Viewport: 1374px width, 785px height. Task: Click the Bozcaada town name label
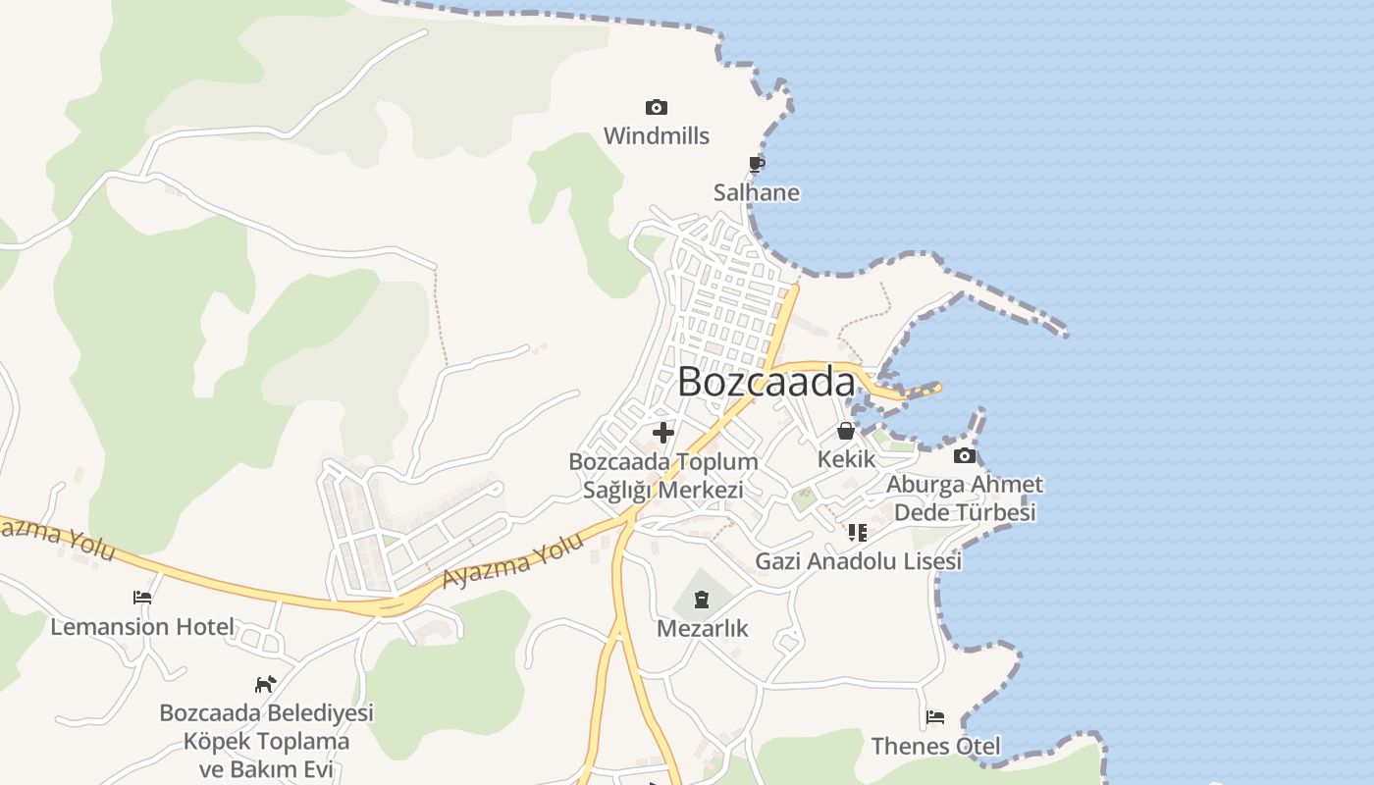tap(766, 382)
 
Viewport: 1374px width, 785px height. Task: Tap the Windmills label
tap(656, 135)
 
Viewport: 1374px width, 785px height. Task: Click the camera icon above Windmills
tap(656, 107)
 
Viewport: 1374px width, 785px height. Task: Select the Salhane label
tap(756, 192)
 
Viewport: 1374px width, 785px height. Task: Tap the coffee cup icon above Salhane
tap(756, 164)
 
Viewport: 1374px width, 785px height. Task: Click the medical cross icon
tap(663, 432)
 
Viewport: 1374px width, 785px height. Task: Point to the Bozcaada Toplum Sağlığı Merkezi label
tap(663, 475)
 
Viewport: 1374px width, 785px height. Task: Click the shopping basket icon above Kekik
tap(846, 430)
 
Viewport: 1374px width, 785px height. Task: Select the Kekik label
tap(846, 458)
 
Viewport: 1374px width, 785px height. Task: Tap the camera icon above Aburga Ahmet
tap(965, 455)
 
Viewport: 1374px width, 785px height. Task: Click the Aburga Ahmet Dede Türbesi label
tap(965, 498)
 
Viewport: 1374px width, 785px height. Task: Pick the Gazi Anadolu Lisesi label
tap(858, 561)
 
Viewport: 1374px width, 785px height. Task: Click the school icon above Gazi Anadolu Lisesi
tap(858, 533)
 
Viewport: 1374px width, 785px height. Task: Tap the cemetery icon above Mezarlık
tap(702, 599)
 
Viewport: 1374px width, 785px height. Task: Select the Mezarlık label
tap(702, 628)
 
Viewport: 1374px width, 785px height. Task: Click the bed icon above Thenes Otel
tap(935, 717)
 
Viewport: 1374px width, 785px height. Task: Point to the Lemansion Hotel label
tap(142, 626)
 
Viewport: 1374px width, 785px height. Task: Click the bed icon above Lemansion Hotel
tap(142, 597)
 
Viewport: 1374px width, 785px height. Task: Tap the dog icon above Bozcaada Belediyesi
tap(265, 683)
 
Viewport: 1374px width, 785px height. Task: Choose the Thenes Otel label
tap(935, 746)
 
